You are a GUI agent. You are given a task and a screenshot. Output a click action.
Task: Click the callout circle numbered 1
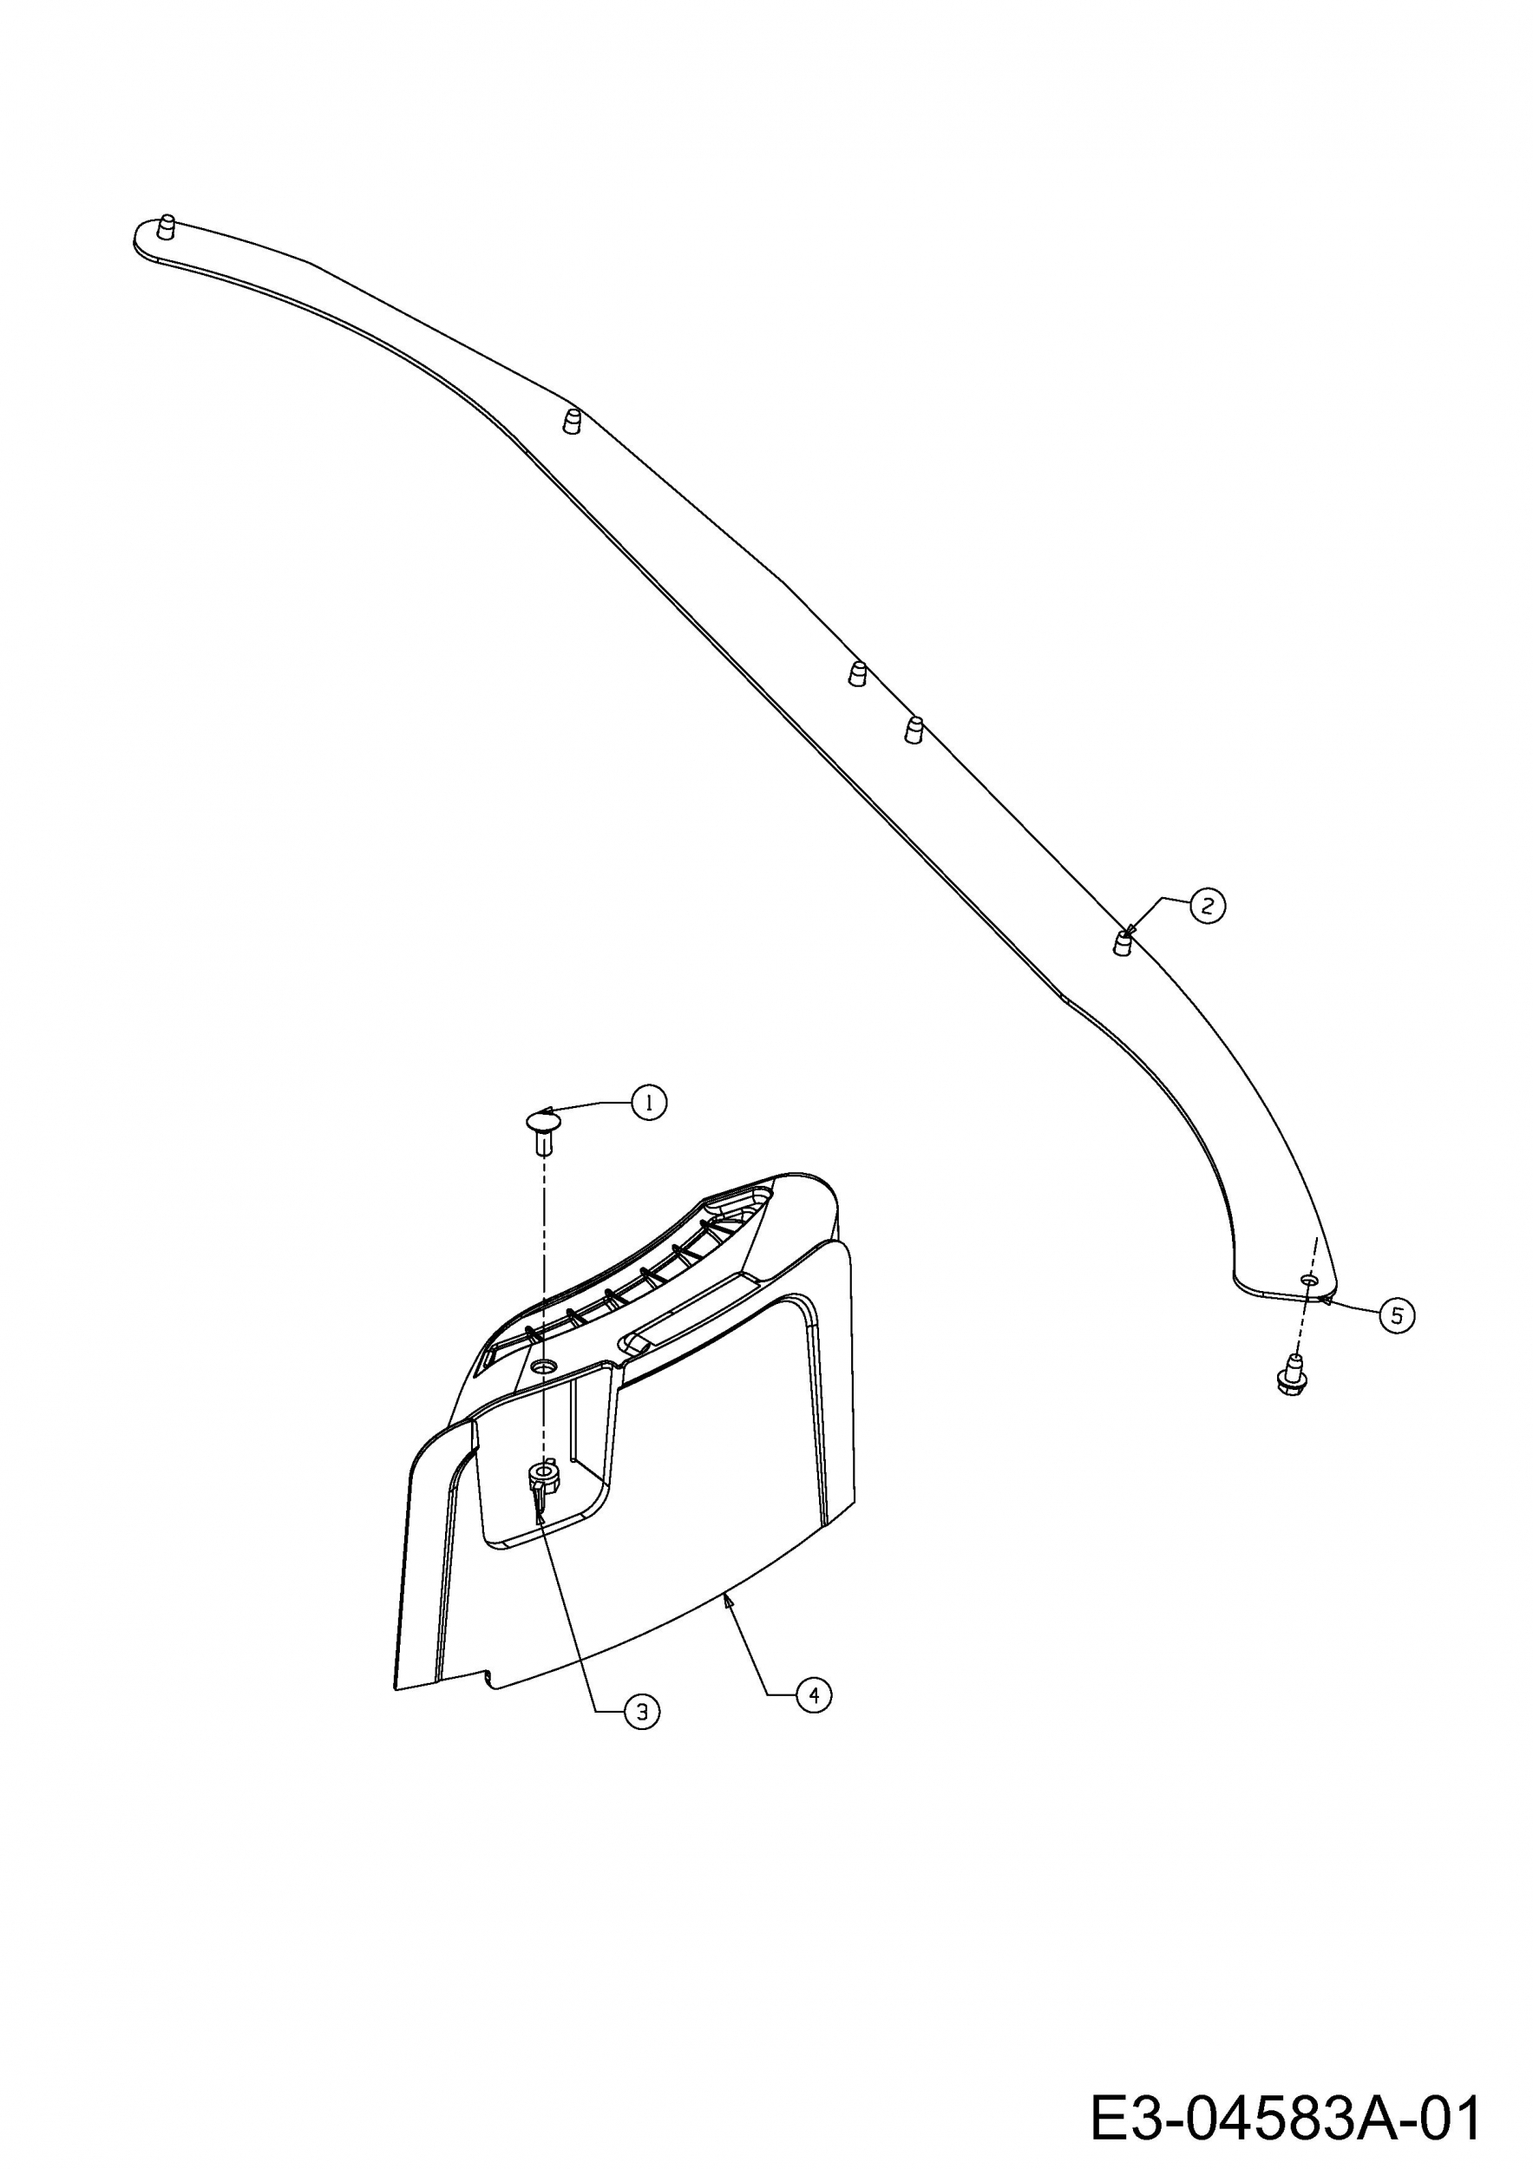(x=649, y=1103)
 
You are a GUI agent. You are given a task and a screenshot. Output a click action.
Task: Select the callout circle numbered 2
(x=1206, y=906)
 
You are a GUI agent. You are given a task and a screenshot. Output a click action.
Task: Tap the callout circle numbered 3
(x=642, y=1711)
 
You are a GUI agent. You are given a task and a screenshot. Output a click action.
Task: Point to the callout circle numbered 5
(x=1397, y=1315)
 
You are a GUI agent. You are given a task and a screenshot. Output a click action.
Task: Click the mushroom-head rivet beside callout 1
(x=542, y=1130)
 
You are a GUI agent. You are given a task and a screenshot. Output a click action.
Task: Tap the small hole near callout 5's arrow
(x=1308, y=1278)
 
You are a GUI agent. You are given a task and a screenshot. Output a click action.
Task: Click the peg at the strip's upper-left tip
(x=167, y=227)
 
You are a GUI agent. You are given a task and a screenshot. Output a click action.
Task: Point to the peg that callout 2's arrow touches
(x=1121, y=943)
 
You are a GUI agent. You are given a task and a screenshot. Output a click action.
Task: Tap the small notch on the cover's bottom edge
(x=488, y=1677)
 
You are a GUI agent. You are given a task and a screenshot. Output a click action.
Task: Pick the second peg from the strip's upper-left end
(x=571, y=422)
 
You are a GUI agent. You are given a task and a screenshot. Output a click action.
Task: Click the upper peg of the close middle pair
(x=856, y=673)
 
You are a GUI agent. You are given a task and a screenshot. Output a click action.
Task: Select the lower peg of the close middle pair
(x=914, y=731)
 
